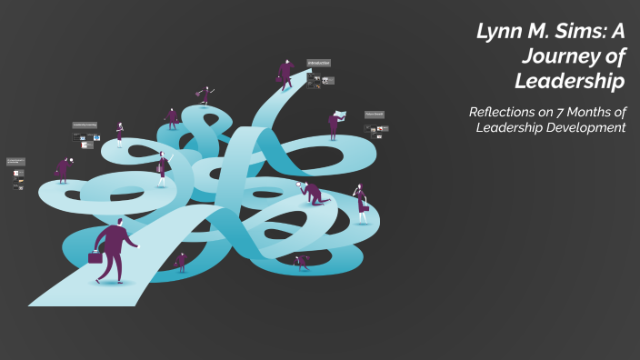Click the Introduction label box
[x=318, y=63]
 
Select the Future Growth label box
[x=375, y=115]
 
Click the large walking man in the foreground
[x=115, y=249]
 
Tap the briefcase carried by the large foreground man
[x=95, y=257]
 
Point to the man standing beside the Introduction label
[x=285, y=73]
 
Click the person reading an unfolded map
[x=335, y=123]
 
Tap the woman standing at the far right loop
[x=361, y=202]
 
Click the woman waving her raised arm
[x=163, y=168]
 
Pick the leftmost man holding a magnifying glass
[x=63, y=168]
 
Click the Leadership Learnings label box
[x=84, y=125]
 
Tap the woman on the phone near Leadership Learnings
[x=119, y=134]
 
